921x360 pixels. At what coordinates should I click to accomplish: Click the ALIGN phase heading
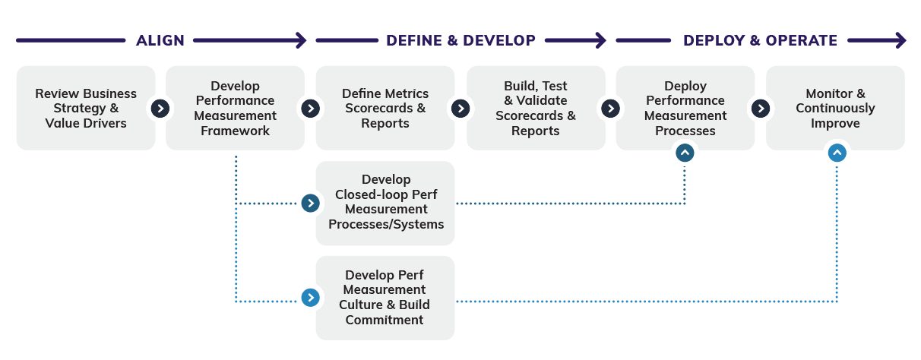click(x=160, y=40)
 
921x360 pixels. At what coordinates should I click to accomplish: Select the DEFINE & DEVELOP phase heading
click(x=460, y=40)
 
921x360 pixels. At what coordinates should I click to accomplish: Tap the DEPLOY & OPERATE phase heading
click(x=760, y=40)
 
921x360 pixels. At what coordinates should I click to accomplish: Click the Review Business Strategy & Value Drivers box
click(x=85, y=108)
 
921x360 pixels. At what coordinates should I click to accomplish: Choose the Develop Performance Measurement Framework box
click(x=235, y=108)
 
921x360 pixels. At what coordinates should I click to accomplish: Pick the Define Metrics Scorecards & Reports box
click(x=385, y=108)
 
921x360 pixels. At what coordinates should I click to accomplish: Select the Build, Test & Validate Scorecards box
click(x=536, y=108)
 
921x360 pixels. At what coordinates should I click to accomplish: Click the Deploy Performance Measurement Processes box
click(x=685, y=108)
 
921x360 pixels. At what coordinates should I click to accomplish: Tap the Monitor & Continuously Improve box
click(x=835, y=108)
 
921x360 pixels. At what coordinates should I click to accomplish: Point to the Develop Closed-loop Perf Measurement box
click(x=385, y=202)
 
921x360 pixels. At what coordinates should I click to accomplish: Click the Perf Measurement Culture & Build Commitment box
click(x=385, y=297)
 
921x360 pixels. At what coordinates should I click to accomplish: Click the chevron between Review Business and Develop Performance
click(x=160, y=108)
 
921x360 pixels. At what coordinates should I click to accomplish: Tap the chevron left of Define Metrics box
click(x=310, y=108)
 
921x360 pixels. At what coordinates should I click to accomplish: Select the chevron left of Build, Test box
click(x=460, y=108)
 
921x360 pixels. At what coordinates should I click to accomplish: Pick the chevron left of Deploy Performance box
click(x=610, y=108)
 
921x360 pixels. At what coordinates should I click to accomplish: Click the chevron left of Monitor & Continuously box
click(x=760, y=108)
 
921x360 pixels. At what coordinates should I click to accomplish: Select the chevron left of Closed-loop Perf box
click(x=310, y=203)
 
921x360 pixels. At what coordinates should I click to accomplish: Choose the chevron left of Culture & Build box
click(x=310, y=298)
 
